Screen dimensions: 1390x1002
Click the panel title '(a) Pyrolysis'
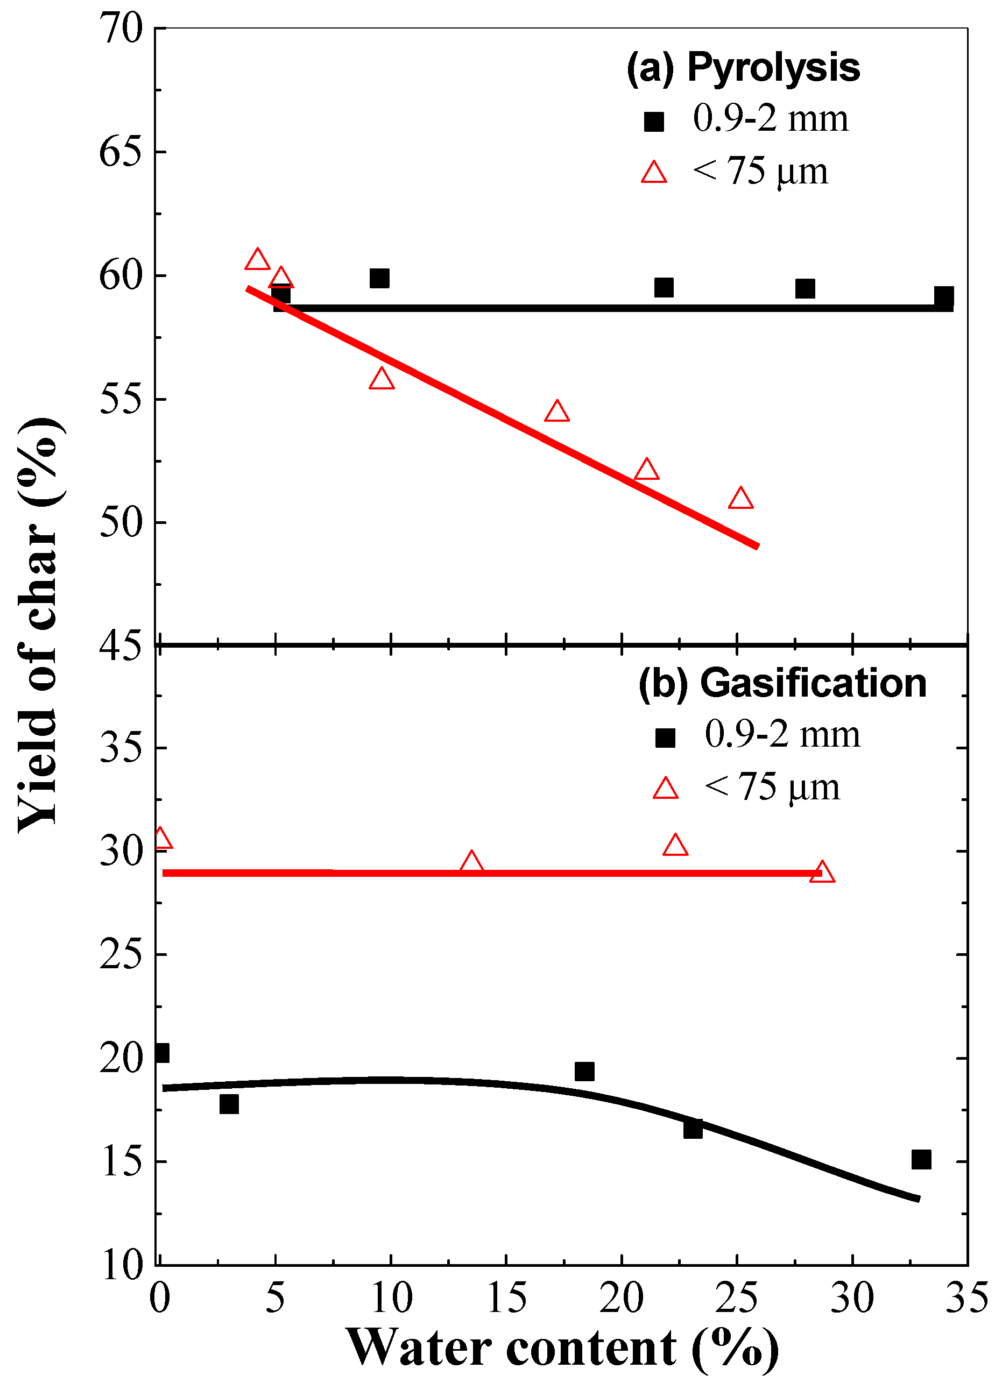tap(743, 67)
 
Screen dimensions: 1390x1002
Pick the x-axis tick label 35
tap(967, 1298)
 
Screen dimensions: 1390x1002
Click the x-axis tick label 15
tap(506, 1298)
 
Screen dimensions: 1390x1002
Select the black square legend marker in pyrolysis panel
tap(654, 122)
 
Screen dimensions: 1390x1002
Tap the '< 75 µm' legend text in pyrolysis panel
tap(760, 171)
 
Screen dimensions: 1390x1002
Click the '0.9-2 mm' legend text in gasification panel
tap(782, 734)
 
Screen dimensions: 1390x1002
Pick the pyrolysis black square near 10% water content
tap(379, 278)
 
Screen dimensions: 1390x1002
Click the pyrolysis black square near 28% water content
tap(805, 288)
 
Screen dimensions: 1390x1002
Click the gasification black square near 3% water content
tap(229, 1104)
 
